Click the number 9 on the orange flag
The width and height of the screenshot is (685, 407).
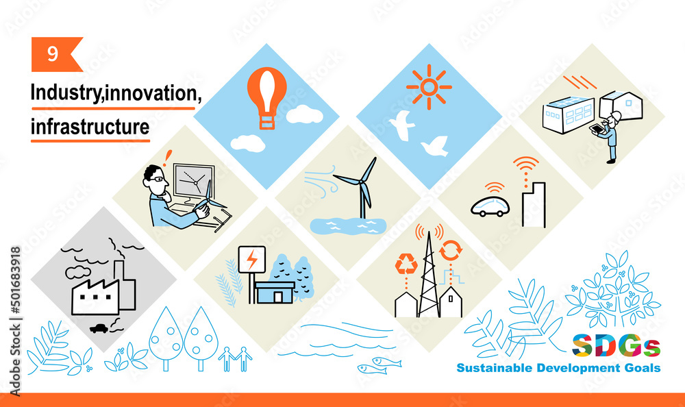coord(53,53)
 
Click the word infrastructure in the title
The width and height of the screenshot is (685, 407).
coord(90,127)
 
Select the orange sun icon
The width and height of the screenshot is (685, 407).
coord(429,87)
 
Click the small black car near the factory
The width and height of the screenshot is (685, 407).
coord(99,328)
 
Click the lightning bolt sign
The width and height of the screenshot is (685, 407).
coord(251,260)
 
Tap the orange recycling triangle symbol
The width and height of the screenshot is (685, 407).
coord(406,264)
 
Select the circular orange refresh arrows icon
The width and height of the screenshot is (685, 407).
coord(451,251)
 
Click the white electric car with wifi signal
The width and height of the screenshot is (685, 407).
coord(490,207)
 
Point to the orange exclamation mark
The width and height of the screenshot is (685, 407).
coord(167,158)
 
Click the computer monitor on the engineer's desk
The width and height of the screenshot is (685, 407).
coord(194,181)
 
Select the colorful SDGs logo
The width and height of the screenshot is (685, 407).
coord(616,346)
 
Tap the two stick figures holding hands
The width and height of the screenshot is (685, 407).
coord(235,359)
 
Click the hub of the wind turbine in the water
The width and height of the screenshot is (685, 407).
coord(361,180)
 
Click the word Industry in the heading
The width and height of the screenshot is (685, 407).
coord(66,93)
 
